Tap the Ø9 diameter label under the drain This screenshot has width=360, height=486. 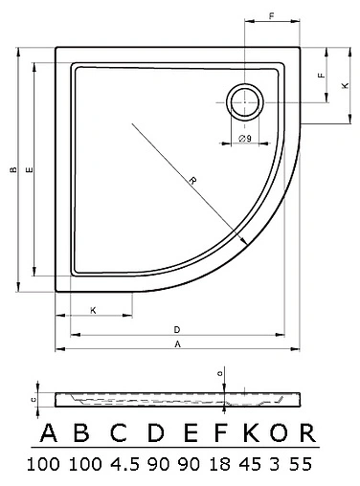tap(245, 138)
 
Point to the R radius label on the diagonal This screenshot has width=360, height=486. tap(192, 181)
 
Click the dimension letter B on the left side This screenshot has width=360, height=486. tap(13, 169)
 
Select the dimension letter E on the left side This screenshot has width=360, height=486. tap(30, 169)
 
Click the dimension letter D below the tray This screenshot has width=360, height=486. tap(177, 329)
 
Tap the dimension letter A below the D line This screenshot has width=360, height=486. tap(178, 344)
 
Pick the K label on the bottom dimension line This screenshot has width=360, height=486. tap(93, 310)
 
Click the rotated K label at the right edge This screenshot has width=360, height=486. tap(345, 85)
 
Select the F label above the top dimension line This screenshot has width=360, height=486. tap(272, 15)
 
